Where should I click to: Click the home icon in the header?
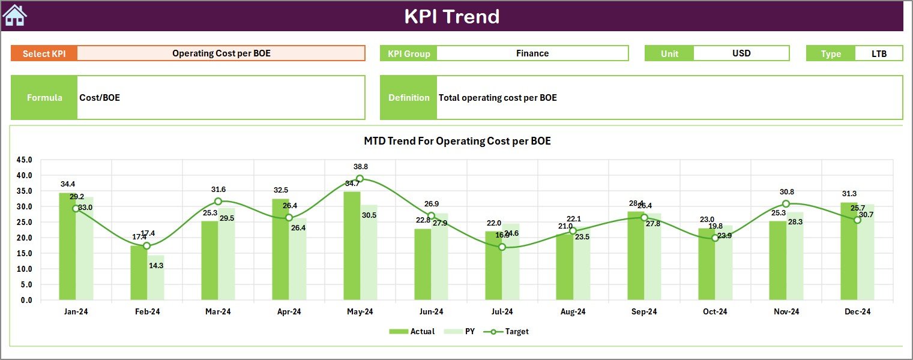click(x=14, y=16)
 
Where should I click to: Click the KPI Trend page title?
click(x=451, y=16)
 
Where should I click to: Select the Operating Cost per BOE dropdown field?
click(x=221, y=53)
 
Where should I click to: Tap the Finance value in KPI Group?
click(x=532, y=53)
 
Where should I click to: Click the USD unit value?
click(x=741, y=53)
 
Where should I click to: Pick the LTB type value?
click(x=879, y=53)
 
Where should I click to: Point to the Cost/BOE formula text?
click(x=100, y=98)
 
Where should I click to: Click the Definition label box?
click(x=409, y=98)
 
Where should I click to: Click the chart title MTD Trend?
click(x=457, y=142)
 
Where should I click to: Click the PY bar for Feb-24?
click(x=155, y=278)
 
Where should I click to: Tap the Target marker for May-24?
click(x=360, y=179)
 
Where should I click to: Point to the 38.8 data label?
click(x=361, y=167)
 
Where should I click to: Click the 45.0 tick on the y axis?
click(x=25, y=160)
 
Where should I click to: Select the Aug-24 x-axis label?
click(x=573, y=312)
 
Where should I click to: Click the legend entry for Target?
click(x=510, y=331)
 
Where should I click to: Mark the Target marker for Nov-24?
click(x=786, y=204)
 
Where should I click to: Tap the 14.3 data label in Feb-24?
click(x=155, y=265)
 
